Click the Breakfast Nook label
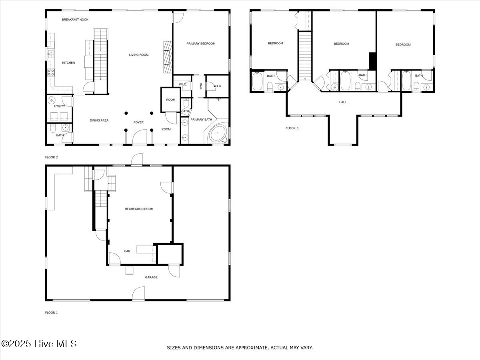coord(75,20)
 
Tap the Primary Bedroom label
coord(201,44)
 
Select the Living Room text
coord(139,55)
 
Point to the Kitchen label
coord(68,63)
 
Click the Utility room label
coord(60,106)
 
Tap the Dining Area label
coord(99,120)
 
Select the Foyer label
coord(138,122)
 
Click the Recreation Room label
coord(139,209)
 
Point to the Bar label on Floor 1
coord(127,252)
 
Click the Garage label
coord(151,277)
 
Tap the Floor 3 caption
coord(292,128)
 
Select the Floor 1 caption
coord(51,312)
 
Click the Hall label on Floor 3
coord(343,102)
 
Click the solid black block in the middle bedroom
coord(372,61)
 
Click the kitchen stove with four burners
coord(51,72)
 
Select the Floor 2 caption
coord(51,157)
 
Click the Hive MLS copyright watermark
coord(39,344)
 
